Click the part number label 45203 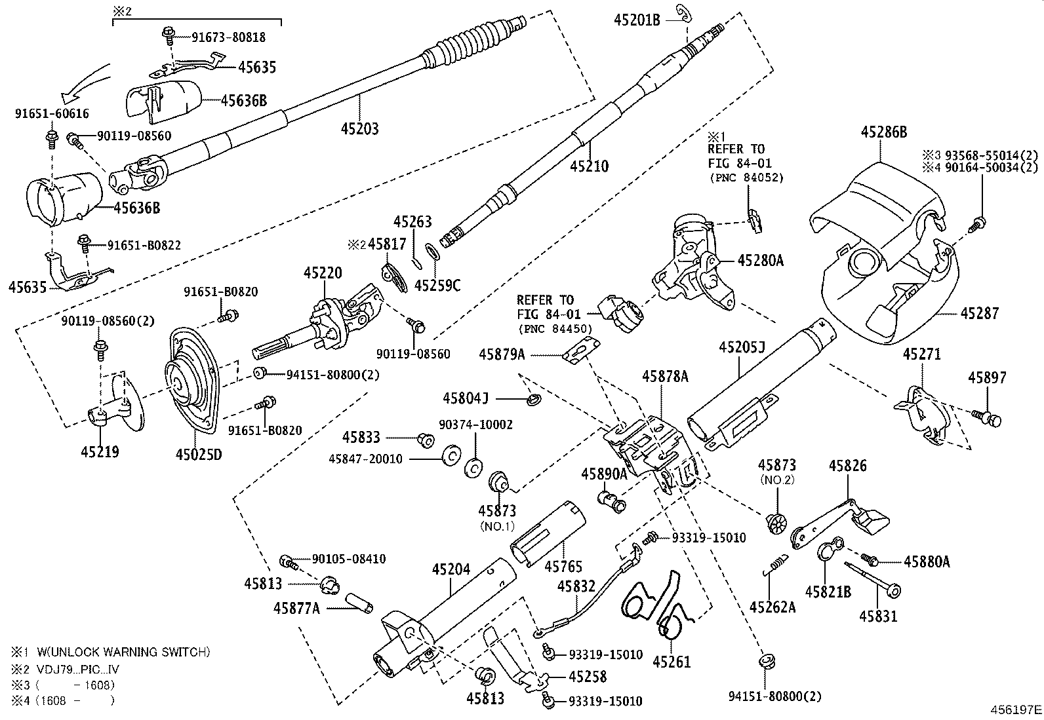click(359, 129)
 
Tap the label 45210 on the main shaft click(589, 166)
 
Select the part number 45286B click(883, 132)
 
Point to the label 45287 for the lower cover click(979, 313)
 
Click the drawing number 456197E click(1016, 709)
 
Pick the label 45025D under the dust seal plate click(199, 453)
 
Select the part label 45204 click(451, 569)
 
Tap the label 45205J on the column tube click(742, 347)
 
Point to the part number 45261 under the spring click(672, 662)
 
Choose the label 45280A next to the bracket click(760, 260)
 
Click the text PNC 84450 click(554, 328)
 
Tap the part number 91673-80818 click(228, 37)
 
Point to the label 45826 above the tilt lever click(847, 466)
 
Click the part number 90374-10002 click(475, 425)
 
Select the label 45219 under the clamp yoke click(100, 451)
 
